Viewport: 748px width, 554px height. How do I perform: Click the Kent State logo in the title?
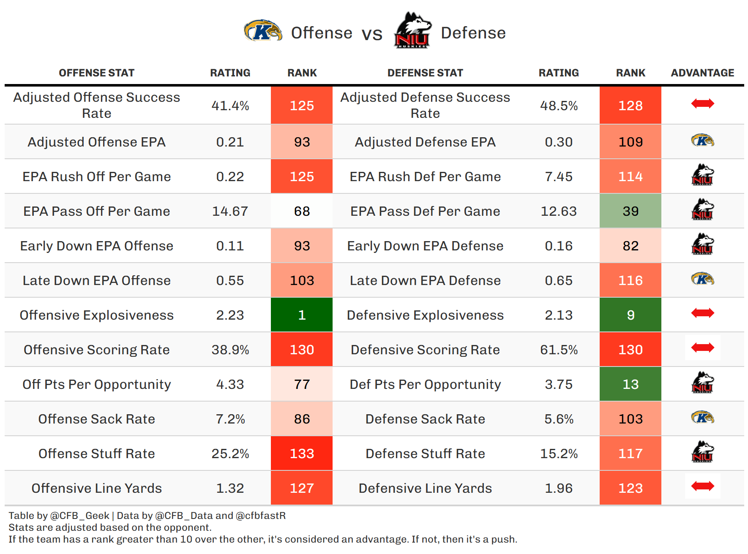pos(262,31)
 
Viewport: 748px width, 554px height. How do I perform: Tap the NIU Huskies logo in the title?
pos(412,31)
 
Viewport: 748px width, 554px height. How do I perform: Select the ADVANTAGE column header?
pos(702,73)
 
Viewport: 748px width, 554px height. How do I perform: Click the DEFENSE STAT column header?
pos(425,73)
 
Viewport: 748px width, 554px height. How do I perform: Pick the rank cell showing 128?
pos(630,106)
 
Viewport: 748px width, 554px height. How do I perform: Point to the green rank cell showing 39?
pos(630,211)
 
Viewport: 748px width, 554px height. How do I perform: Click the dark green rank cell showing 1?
pos(302,315)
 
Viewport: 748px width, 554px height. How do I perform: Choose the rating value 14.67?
pos(230,211)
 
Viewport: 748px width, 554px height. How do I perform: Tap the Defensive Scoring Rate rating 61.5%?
pos(559,350)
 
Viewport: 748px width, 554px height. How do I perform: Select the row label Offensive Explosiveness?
pos(96,315)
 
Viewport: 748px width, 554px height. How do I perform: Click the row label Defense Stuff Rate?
pos(425,454)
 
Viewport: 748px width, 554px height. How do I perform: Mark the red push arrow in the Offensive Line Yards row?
pos(702,486)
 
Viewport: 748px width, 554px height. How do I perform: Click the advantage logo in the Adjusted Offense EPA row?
pos(702,140)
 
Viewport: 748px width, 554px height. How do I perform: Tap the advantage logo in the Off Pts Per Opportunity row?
pos(702,383)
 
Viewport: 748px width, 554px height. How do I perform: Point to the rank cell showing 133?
pos(302,454)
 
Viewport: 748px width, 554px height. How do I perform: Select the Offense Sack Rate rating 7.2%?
pos(230,419)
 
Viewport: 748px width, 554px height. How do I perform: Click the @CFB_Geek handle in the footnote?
pos(79,516)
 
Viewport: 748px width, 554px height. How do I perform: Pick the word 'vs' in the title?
pos(372,34)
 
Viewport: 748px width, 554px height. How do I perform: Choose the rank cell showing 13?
pos(630,384)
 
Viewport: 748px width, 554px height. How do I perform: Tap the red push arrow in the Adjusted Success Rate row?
pos(702,103)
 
